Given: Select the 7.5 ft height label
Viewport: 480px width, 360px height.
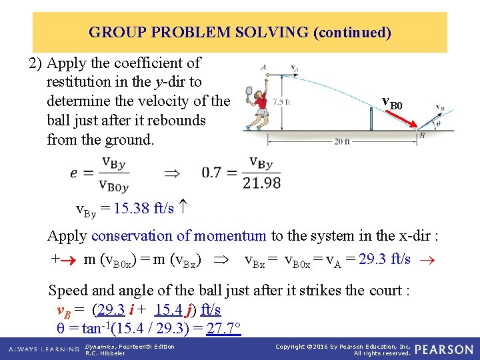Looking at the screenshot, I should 283,102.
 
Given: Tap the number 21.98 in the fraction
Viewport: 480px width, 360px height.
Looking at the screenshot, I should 261,183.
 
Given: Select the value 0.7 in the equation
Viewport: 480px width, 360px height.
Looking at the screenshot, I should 212,173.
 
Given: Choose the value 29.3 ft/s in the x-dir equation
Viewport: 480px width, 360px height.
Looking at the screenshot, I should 385,259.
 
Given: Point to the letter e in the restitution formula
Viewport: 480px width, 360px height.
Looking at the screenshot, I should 74,173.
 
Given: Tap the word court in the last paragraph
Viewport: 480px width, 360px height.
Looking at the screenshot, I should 387,291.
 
